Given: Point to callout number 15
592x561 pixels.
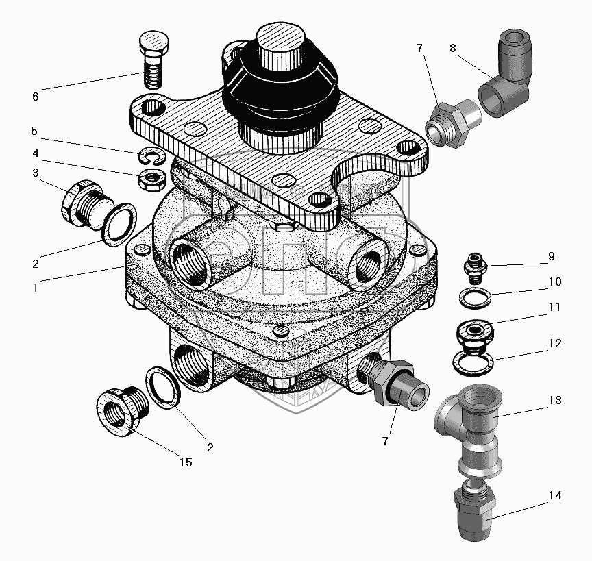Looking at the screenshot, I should pyautogui.click(x=186, y=462).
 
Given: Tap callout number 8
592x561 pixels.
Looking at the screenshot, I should pyautogui.click(x=453, y=49).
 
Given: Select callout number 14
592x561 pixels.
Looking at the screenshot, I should pyautogui.click(x=555, y=495).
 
